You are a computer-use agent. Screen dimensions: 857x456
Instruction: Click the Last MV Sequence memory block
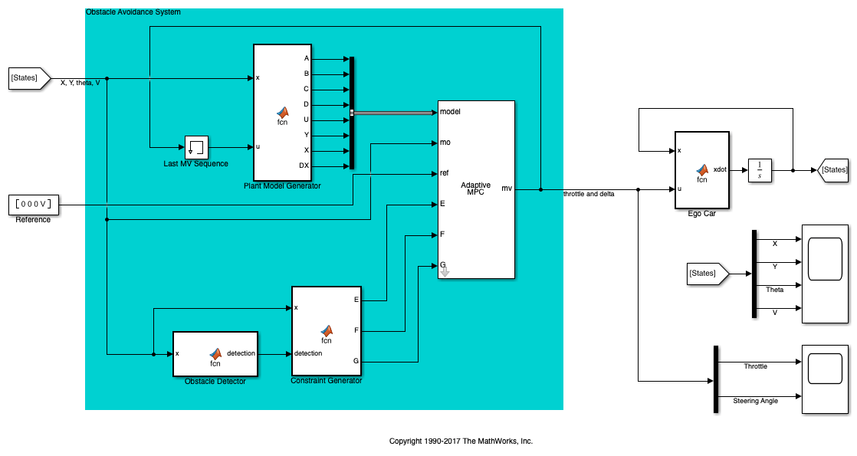click(x=196, y=148)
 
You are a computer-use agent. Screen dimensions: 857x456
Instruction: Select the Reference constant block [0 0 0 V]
click(x=33, y=205)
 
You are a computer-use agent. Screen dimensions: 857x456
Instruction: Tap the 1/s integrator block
click(x=760, y=170)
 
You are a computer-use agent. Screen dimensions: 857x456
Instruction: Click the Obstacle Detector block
click(x=215, y=354)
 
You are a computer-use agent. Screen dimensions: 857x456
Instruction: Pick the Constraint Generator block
click(x=327, y=331)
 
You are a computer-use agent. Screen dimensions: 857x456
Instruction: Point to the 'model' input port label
click(x=450, y=112)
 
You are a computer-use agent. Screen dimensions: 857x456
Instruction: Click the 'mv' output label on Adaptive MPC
click(x=507, y=189)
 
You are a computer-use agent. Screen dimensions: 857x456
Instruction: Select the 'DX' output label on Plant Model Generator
click(x=304, y=166)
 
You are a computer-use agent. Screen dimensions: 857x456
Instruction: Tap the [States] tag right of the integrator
click(x=833, y=170)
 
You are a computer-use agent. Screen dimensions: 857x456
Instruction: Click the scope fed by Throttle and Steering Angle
click(x=825, y=379)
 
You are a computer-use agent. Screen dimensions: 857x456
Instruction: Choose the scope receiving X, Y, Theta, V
click(x=825, y=274)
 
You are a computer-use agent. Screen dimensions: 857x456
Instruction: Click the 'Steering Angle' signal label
click(x=755, y=401)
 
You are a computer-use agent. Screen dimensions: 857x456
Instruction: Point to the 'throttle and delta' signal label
click(x=589, y=194)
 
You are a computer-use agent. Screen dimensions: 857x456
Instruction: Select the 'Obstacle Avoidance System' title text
click(x=133, y=12)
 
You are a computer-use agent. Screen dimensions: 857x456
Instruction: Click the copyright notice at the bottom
click(x=461, y=441)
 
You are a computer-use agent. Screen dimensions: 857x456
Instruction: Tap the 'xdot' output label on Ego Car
click(x=720, y=169)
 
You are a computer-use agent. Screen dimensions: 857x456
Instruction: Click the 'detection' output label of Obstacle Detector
click(x=241, y=353)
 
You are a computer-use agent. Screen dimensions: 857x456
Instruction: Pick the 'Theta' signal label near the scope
click(x=774, y=290)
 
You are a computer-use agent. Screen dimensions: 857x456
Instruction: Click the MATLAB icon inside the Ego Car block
click(x=702, y=170)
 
